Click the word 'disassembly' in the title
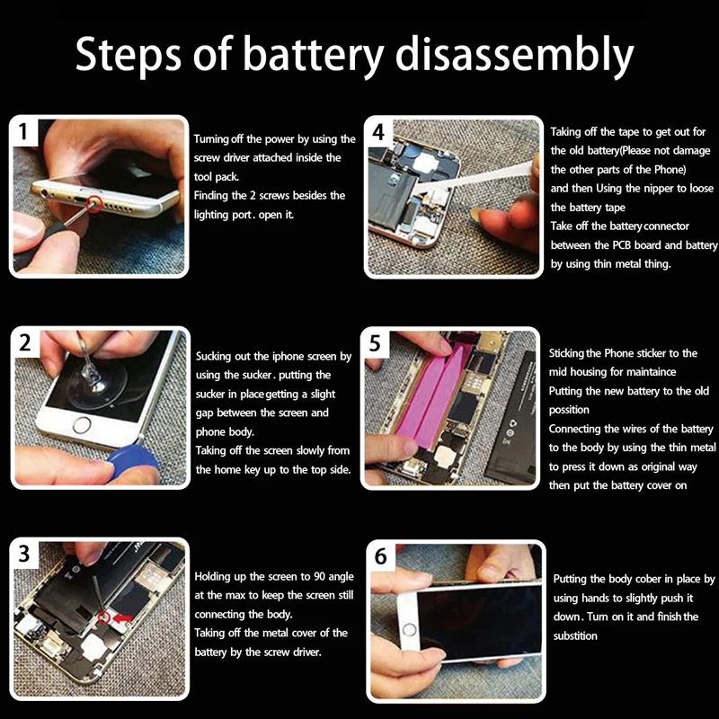click(514, 55)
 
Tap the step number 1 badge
click(24, 132)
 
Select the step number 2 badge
click(26, 342)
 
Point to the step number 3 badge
click(25, 554)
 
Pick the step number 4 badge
click(378, 132)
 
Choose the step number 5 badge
click(376, 343)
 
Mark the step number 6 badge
click(381, 556)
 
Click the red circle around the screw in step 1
click(94, 204)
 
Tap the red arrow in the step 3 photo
click(122, 618)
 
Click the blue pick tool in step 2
click(132, 460)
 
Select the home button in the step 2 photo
click(82, 424)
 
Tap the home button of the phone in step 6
click(410, 630)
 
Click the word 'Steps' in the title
click(129, 56)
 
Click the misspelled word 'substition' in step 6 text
click(575, 635)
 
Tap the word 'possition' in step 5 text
click(569, 410)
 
